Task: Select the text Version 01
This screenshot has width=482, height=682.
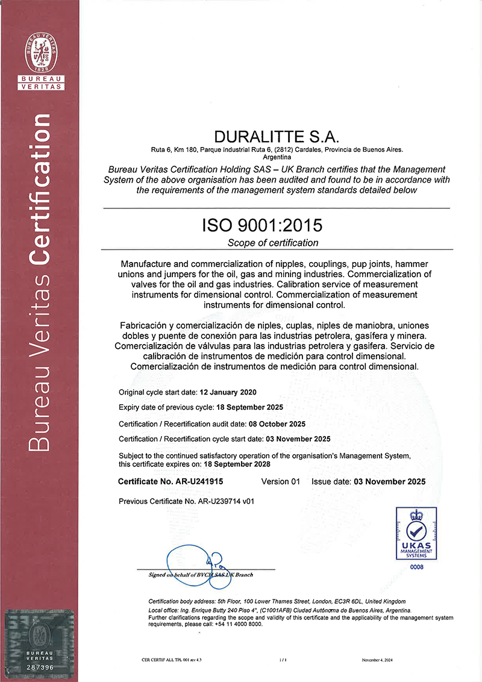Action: coord(280,481)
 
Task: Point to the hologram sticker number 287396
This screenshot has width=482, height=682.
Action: coord(42,668)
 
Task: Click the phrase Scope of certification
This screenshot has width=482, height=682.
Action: coord(273,243)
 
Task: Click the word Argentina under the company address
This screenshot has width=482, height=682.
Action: coord(277,157)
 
